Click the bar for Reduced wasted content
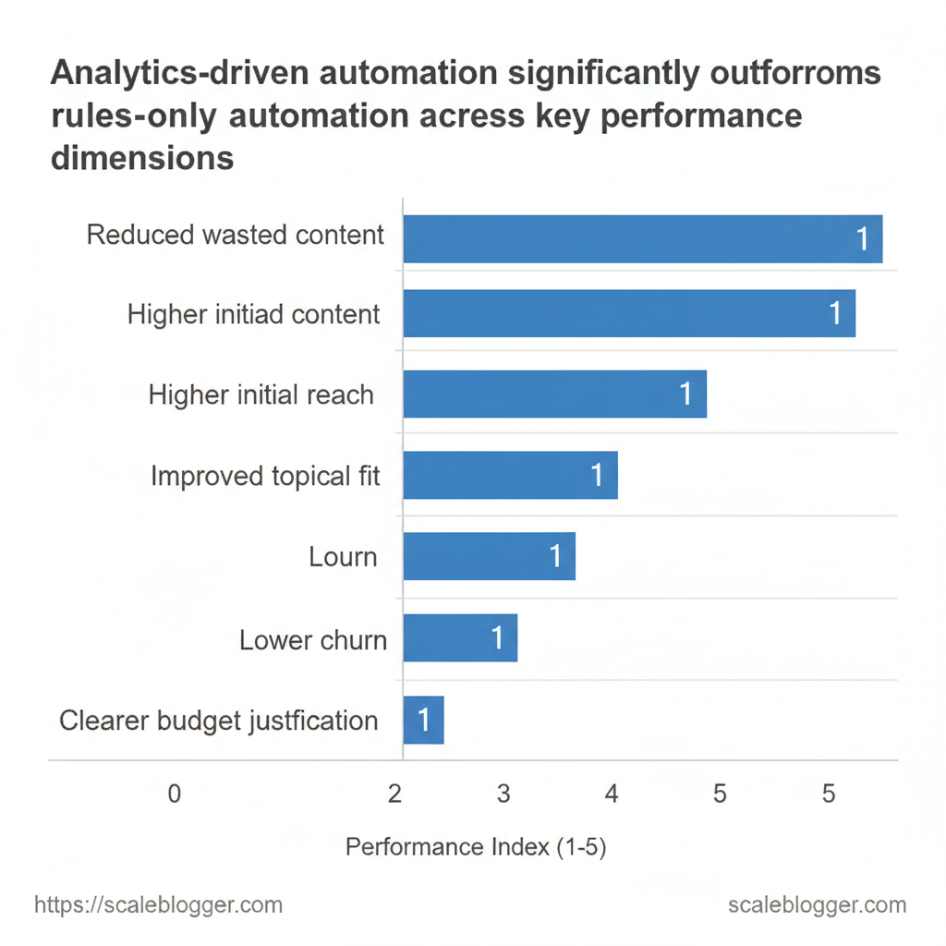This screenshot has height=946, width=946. [643, 239]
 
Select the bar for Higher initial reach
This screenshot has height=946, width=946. [555, 394]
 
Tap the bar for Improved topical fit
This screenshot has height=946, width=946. [510, 476]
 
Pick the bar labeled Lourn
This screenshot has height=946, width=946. [490, 556]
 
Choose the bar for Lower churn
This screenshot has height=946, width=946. [460, 637]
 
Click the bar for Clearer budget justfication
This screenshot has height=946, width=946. [423, 720]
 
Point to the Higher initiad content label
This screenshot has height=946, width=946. [253, 314]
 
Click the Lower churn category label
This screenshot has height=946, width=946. [313, 640]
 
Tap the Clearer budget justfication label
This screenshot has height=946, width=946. [218, 721]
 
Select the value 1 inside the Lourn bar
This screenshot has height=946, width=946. [555, 556]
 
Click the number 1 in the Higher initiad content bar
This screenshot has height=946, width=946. [835, 313]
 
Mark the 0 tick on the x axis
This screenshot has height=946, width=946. [175, 794]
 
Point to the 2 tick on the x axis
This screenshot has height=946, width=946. [394, 794]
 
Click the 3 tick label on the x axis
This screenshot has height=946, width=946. [503, 794]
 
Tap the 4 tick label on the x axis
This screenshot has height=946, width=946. [612, 794]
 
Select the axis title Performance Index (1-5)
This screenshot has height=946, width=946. [476, 847]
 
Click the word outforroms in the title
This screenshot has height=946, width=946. [795, 73]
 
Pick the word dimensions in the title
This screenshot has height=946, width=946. [142, 158]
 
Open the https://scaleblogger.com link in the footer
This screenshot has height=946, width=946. [158, 905]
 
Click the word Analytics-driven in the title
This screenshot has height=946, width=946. [180, 74]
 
